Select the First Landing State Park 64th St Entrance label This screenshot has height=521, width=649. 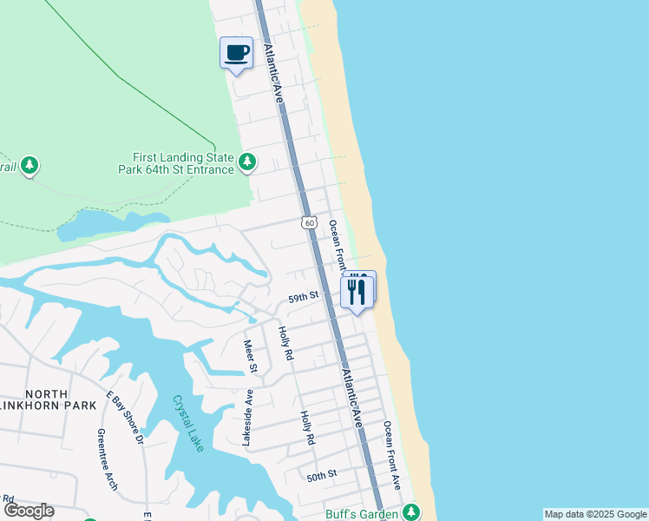(176, 163)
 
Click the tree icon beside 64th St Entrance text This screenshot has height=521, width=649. (248, 162)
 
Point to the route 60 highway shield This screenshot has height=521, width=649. (309, 223)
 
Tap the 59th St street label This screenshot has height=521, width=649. (304, 297)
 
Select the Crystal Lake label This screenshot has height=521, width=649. (187, 424)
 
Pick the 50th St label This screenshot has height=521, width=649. (321, 475)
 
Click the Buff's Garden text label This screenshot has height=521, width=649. (361, 513)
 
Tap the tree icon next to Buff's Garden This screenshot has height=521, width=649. (410, 512)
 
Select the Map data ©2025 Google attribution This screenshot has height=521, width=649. (595, 514)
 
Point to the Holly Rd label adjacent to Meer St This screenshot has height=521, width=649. (284, 344)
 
